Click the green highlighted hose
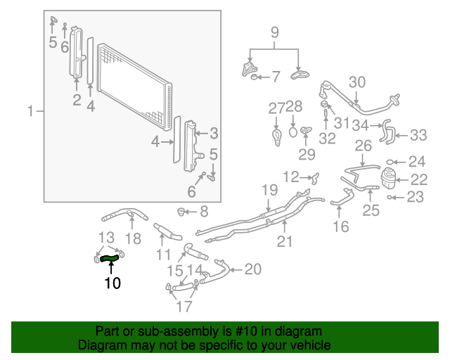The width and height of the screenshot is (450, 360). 110,259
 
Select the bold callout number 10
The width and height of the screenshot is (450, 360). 112,283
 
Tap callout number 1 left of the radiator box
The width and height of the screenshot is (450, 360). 30,111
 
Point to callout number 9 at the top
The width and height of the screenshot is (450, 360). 275,32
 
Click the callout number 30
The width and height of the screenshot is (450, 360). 357,82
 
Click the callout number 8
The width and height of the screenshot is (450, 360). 204,211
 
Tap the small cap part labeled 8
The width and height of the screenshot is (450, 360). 182,210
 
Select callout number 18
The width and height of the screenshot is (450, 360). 133,238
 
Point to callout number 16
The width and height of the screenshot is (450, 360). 340,226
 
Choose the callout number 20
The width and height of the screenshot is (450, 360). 252,269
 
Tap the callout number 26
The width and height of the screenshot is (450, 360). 363,146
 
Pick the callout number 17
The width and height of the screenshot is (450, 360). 184,307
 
